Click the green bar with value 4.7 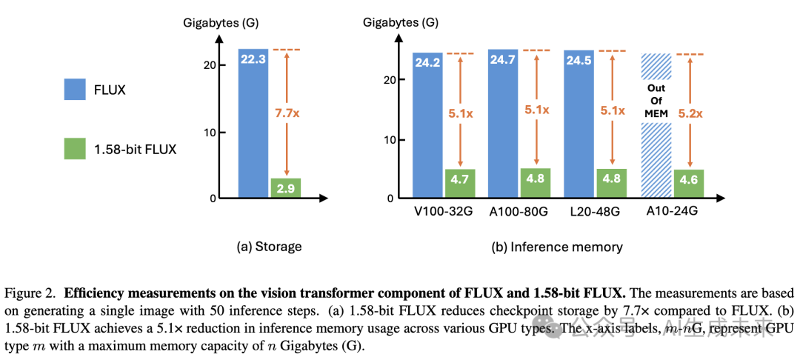click(459, 184)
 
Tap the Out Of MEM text click(656, 101)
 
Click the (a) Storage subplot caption click(269, 247)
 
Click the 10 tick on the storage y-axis click(210, 133)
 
